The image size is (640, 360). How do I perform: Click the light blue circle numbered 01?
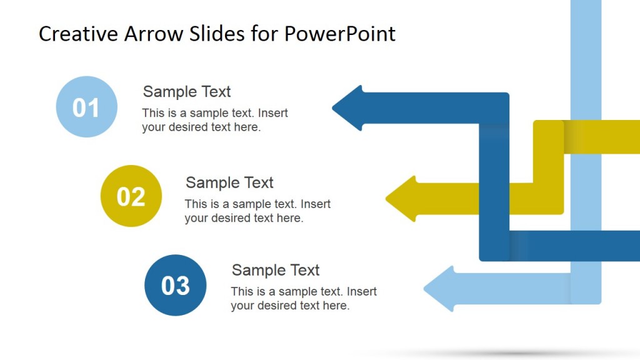coord(86,107)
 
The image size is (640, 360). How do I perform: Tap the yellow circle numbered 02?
coord(131,196)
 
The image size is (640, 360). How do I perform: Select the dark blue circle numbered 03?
coord(175,285)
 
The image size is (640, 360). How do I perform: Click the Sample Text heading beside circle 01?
coord(187,91)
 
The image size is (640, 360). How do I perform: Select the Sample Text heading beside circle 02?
coord(229,182)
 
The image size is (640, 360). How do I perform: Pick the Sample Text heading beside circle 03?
coord(276,270)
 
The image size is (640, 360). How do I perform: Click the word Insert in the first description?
coord(272,113)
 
